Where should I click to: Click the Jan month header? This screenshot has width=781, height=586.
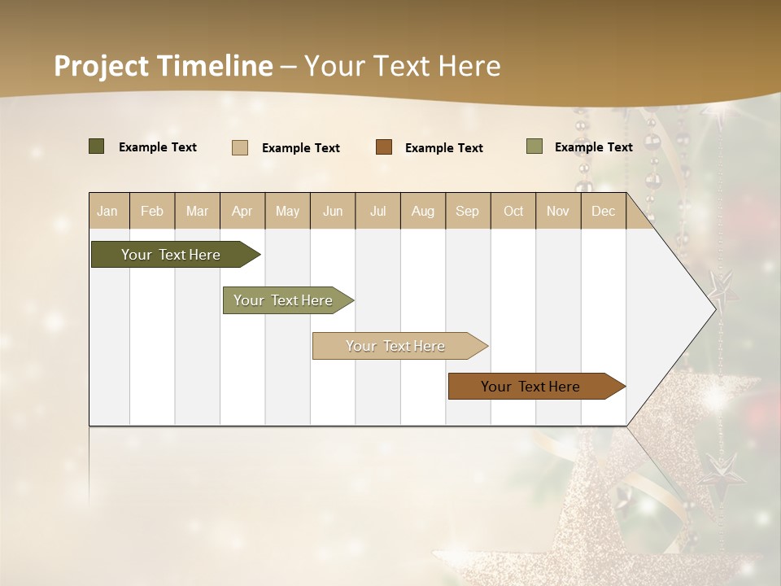tap(107, 211)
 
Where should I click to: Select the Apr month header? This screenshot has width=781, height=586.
tap(242, 211)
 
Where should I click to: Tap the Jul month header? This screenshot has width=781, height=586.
tap(377, 211)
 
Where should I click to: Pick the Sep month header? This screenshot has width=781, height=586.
tap(467, 211)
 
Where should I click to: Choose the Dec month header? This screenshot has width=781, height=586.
tap(603, 211)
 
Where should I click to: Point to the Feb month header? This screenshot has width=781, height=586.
tap(152, 211)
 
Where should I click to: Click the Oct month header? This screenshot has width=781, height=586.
tap(513, 211)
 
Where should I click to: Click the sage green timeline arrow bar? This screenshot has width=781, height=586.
tap(286, 300)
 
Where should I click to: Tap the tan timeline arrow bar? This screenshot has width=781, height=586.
tap(397, 346)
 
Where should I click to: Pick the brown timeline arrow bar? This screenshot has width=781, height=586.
tap(533, 387)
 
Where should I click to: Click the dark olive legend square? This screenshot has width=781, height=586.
tap(96, 146)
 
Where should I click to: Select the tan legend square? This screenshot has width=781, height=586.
tap(240, 147)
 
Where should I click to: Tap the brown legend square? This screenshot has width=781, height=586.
tap(384, 147)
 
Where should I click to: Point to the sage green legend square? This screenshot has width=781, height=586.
tap(534, 146)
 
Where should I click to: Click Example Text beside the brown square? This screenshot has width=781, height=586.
tap(443, 148)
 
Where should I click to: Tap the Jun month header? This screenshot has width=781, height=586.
tap(333, 211)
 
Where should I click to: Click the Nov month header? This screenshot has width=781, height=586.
tap(558, 211)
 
